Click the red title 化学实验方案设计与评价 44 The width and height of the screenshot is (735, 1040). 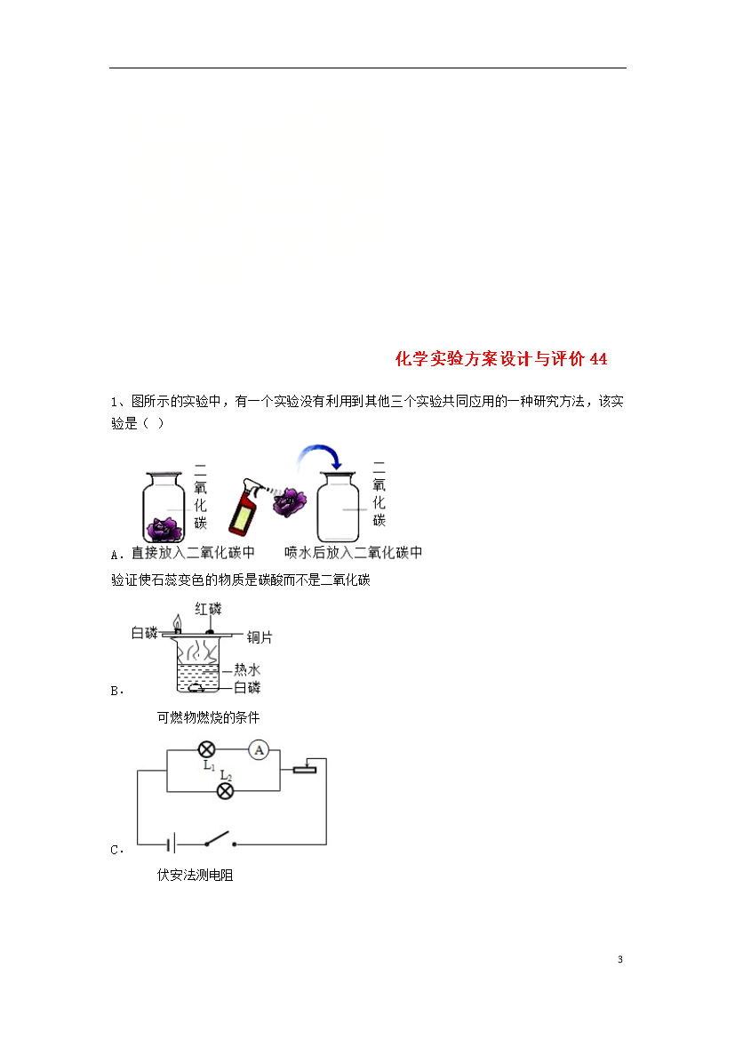click(501, 359)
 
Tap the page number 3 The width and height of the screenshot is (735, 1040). click(620, 959)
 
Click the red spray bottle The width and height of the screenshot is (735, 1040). click(246, 507)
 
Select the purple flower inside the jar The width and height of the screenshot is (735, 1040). click(164, 529)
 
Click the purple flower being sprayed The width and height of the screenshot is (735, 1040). click(290, 502)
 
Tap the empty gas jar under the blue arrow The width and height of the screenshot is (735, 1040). click(338, 507)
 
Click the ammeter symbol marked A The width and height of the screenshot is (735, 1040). click(259, 750)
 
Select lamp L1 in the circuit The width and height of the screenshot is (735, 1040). click(207, 750)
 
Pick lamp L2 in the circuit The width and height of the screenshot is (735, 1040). click(226, 790)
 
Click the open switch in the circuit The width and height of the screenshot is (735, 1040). click(220, 840)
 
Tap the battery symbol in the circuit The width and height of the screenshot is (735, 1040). click(172, 844)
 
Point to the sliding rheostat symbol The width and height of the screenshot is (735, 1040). click(305, 768)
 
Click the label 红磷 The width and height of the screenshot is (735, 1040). click(208, 609)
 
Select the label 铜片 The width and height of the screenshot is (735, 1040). click(260, 637)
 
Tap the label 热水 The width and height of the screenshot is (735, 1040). click(247, 670)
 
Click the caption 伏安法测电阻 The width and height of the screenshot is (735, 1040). click(195, 875)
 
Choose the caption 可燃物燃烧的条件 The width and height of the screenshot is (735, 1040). click(208, 717)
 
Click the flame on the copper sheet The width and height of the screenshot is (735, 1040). click(177, 622)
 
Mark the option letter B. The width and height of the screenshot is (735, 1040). click(116, 691)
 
